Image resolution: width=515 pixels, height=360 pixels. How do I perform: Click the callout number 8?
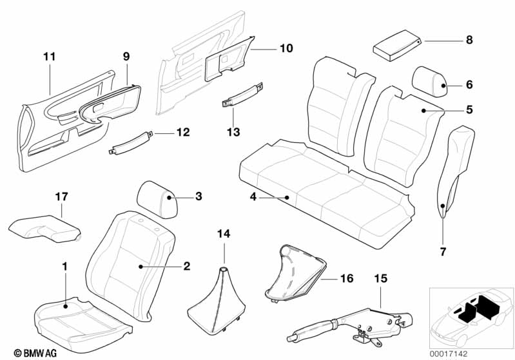click(x=469, y=41)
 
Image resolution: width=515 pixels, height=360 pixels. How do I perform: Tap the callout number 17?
click(x=61, y=194)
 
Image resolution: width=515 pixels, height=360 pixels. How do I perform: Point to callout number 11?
click(x=50, y=57)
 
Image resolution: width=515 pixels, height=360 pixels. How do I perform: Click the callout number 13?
click(x=233, y=132)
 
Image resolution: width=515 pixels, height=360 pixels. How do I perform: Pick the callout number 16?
click(x=346, y=278)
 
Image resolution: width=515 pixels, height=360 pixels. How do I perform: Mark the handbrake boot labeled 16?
click(x=293, y=270)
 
